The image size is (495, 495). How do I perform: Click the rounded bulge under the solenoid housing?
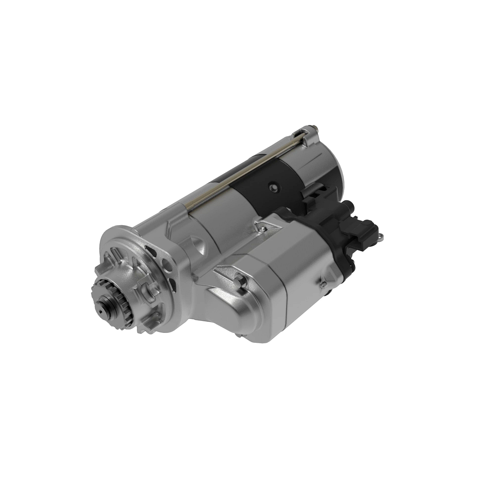(231, 313)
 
